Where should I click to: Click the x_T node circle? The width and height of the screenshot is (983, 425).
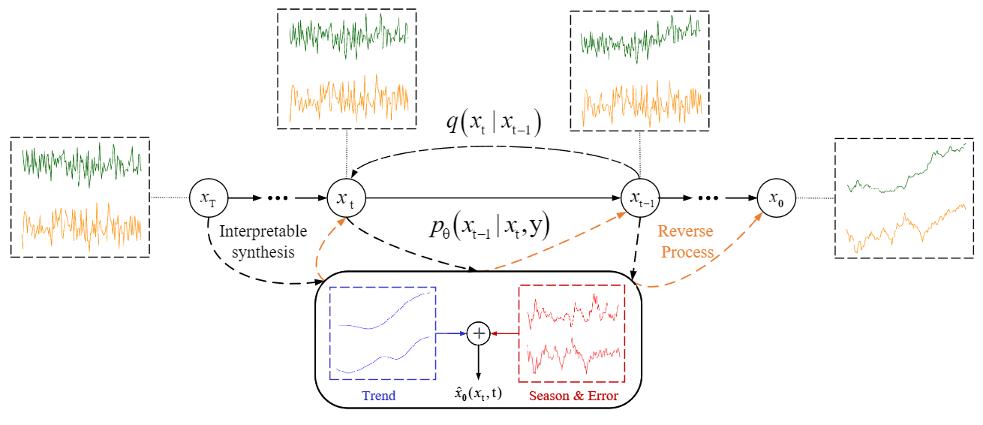[x=207, y=198]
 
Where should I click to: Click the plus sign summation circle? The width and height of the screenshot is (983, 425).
[x=478, y=333]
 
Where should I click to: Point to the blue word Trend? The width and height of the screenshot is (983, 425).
[x=379, y=396]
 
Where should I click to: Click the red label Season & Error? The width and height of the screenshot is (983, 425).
[x=573, y=396]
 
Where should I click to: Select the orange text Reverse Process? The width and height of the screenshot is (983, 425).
[x=685, y=242]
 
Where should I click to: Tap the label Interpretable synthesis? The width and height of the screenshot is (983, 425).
[x=257, y=242]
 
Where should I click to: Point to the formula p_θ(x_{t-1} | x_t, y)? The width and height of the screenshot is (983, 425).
[x=490, y=225]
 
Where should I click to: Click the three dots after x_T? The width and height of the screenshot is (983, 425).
[x=278, y=198]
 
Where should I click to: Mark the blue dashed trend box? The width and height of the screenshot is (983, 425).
[x=383, y=333]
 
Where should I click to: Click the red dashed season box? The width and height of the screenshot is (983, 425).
[x=572, y=333]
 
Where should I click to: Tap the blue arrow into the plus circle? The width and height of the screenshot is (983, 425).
[x=450, y=333]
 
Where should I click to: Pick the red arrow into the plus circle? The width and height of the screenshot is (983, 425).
[x=504, y=333]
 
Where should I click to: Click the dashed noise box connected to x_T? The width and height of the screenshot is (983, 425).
[x=80, y=197]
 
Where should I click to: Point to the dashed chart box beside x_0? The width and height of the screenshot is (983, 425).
[x=904, y=198]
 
